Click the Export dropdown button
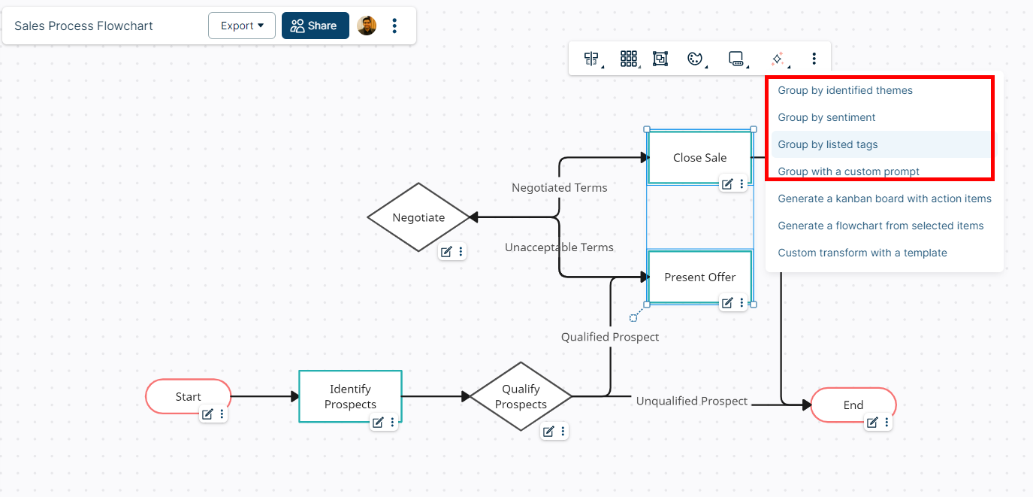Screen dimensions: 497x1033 coord(241,26)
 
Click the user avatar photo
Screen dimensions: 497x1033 coord(367,26)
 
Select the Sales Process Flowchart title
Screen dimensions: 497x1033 coord(83,26)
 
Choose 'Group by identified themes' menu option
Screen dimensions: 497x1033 coord(845,90)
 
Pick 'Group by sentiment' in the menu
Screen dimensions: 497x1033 coord(826,117)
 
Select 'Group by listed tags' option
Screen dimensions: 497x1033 coord(827,144)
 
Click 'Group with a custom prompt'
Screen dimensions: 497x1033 coord(848,171)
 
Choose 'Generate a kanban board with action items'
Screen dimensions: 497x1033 coord(884,198)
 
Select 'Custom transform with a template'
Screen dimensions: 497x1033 coord(862,253)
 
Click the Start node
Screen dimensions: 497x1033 coord(188,396)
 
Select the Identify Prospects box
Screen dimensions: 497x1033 coord(350,396)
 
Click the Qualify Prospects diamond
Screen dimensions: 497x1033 coord(521,396)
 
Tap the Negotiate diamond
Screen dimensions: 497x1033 coord(418,217)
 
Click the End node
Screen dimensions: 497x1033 coord(853,405)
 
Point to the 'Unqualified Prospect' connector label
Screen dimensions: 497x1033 coord(691,401)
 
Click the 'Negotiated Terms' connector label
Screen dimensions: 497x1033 coord(559,187)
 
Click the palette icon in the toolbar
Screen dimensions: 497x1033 coord(694,59)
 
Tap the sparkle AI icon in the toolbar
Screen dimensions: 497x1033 coord(777,59)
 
